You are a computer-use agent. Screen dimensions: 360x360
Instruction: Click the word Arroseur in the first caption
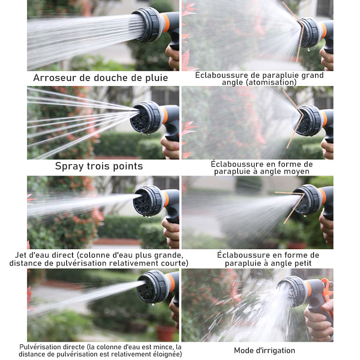(54, 77)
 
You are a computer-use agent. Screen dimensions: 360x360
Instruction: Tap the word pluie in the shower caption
(157, 78)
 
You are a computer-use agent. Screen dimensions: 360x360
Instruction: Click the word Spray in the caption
(69, 166)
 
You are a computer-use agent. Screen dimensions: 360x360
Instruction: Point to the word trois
(99, 166)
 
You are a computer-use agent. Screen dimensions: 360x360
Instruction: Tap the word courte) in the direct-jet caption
(175, 263)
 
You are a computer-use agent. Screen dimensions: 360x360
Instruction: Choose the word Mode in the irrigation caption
(243, 351)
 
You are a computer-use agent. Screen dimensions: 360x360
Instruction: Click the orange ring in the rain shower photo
(166, 22)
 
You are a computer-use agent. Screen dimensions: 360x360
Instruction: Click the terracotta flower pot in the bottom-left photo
(166, 333)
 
